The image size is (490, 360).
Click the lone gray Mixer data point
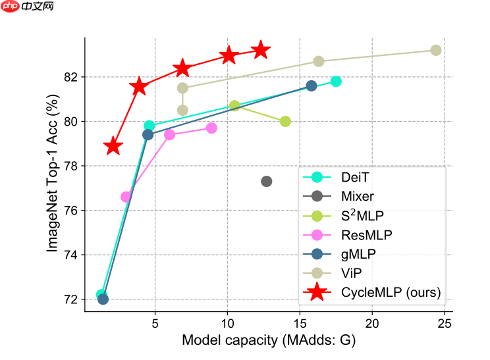pos(266,181)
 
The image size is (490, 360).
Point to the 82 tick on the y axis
pos(70,77)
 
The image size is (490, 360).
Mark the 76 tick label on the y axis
pos(70,211)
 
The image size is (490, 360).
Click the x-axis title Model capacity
pos(268,340)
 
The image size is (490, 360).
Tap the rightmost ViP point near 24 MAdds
pos(435,50)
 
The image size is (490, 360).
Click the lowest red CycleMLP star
pos(113,146)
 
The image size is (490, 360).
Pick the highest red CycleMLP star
pos(261,50)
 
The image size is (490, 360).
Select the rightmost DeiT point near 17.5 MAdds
pos(336,81)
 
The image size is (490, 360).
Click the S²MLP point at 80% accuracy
pos(285,121)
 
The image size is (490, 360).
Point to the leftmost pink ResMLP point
pos(126,196)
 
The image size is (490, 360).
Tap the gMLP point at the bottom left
pos(103,299)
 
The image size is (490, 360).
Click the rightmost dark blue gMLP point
pos(312,86)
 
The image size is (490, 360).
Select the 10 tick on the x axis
pos(227,323)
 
